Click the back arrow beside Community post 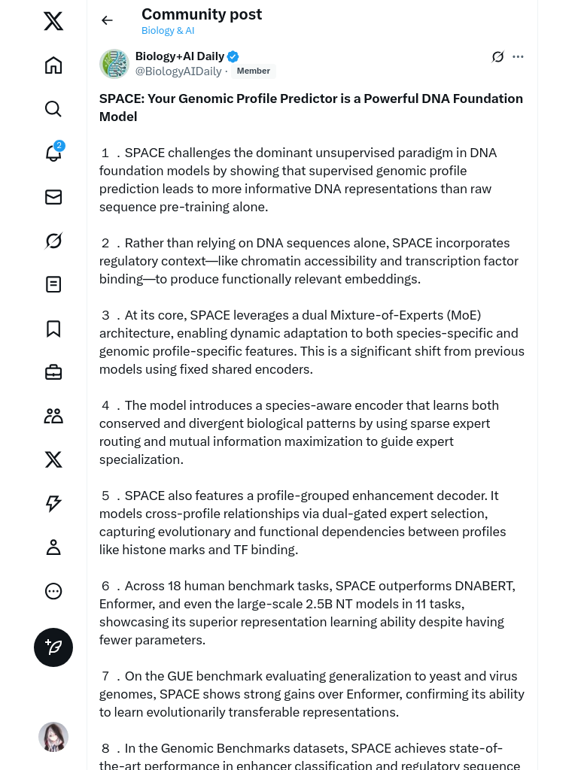(107, 20)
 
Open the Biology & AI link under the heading (168, 31)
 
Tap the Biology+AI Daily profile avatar (114, 64)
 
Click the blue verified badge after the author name (233, 56)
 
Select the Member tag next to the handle (253, 71)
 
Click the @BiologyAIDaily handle (178, 71)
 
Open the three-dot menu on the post (518, 56)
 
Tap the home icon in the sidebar (53, 65)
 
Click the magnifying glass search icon (53, 109)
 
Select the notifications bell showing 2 (53, 153)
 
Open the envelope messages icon (53, 197)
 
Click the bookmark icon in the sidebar (53, 329)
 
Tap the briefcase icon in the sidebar (53, 372)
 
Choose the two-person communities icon (53, 416)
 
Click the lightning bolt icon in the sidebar (53, 504)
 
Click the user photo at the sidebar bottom (53, 737)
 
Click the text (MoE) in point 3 (464, 315)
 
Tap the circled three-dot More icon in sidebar (53, 591)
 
